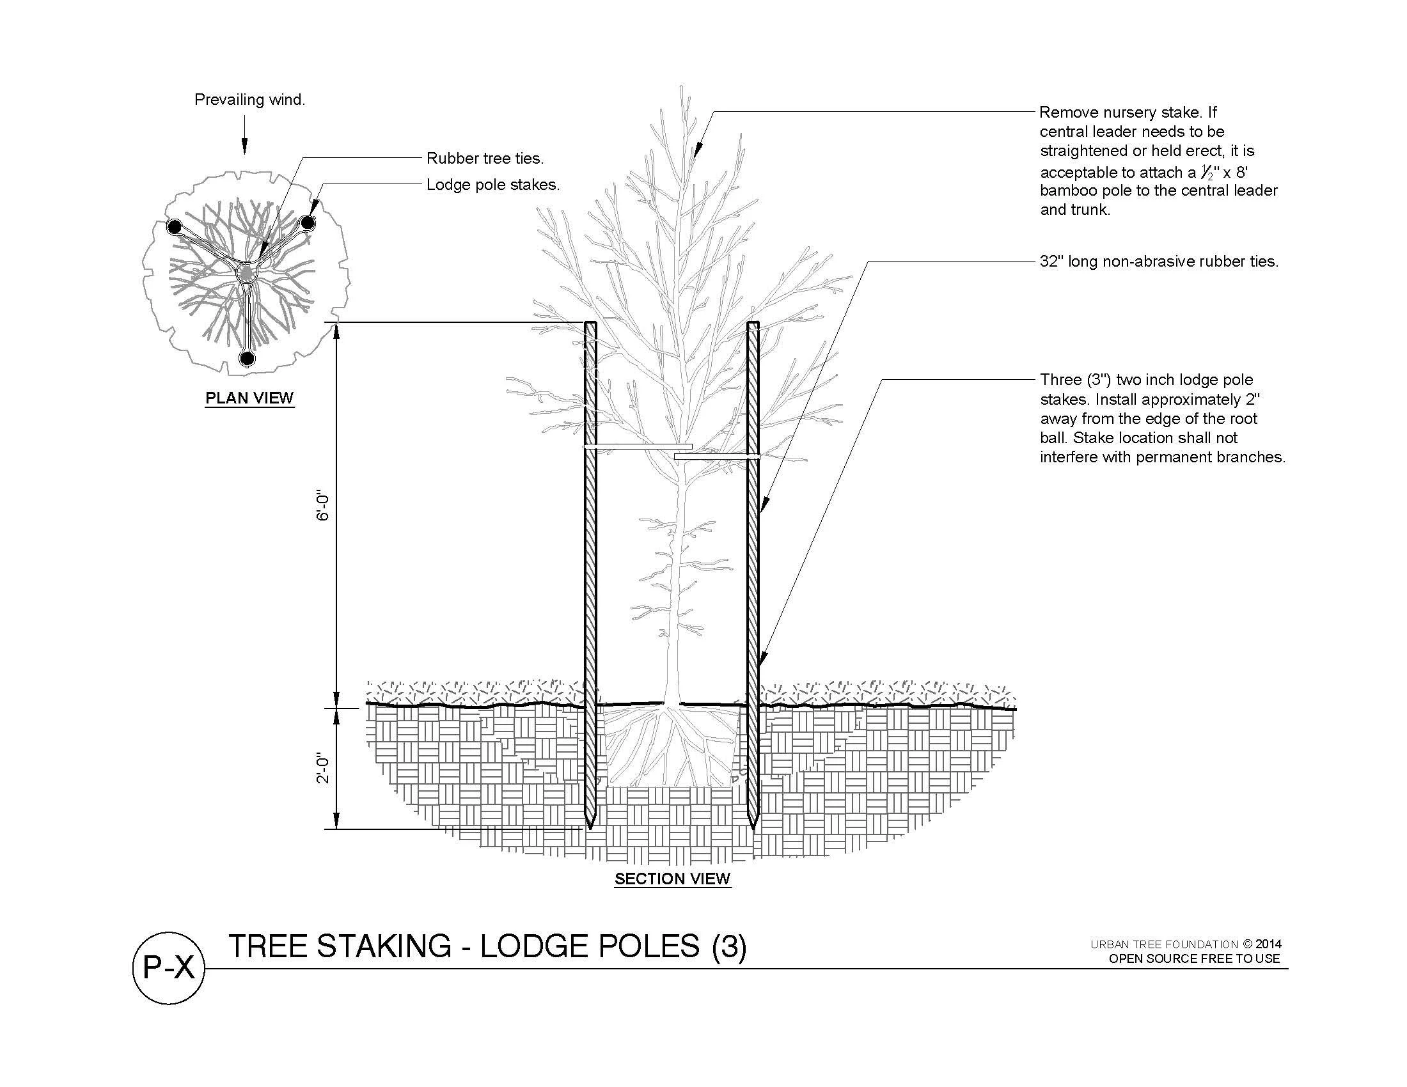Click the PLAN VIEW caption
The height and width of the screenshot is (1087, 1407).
click(x=249, y=398)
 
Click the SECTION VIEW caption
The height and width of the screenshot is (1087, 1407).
click(x=673, y=879)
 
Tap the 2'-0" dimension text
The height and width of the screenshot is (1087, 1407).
click(x=324, y=769)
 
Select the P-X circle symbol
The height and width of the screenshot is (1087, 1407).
click(x=168, y=968)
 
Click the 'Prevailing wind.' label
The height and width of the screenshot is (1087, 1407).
click(x=250, y=100)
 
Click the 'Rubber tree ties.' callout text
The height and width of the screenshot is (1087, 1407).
click(x=485, y=159)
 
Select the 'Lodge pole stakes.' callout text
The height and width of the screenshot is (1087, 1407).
click(x=493, y=185)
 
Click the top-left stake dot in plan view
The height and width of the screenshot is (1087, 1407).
click(x=173, y=227)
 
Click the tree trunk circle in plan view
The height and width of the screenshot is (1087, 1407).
click(x=247, y=274)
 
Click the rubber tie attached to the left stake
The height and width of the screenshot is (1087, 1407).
click(x=638, y=446)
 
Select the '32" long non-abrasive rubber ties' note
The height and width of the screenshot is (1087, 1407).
click(x=1159, y=262)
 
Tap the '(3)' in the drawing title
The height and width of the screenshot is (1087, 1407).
click(x=728, y=946)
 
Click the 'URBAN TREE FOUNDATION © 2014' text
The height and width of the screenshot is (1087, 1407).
click(x=1185, y=944)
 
